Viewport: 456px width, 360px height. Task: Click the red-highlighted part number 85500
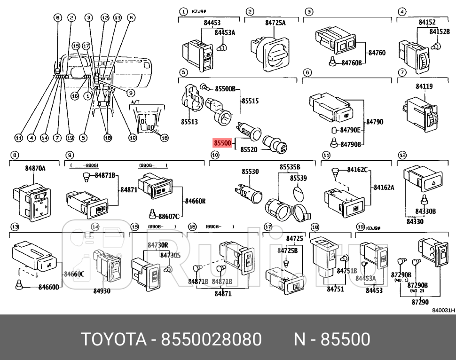point(222,142)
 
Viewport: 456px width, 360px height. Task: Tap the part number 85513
point(189,122)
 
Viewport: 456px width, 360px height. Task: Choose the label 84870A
point(35,168)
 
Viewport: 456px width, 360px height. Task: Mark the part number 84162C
point(358,169)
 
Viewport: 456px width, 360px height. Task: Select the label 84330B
point(425,211)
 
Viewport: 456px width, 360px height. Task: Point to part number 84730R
point(158,245)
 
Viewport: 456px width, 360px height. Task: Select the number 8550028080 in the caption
point(211,338)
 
